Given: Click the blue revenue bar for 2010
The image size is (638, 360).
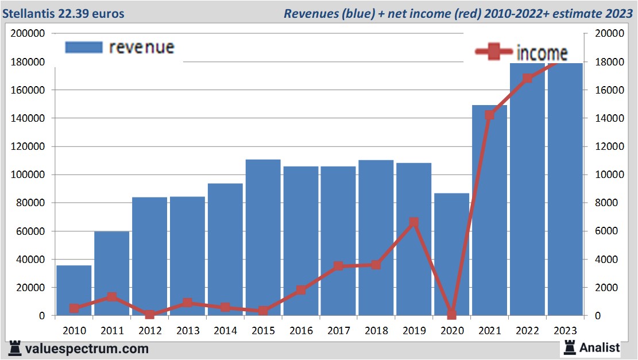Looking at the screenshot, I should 74,290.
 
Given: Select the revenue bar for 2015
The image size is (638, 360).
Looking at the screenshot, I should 262,237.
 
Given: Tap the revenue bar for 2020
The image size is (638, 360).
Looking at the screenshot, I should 451,254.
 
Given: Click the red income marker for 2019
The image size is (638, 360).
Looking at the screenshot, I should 413,222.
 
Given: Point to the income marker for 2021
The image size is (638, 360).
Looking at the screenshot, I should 489,115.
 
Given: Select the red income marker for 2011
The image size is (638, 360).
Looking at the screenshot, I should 111,297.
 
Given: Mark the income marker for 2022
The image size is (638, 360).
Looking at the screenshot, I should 527,78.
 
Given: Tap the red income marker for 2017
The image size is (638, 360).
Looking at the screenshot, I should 338,266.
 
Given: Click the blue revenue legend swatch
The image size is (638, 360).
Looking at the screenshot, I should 83,47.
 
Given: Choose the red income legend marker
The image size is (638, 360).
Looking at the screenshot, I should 493,52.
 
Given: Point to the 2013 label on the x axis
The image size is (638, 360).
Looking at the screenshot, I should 187,331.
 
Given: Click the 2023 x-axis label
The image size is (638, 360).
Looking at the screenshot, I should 564,331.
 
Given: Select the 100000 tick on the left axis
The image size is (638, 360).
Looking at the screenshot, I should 29,175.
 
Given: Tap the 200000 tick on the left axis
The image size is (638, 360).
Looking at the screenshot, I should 29,33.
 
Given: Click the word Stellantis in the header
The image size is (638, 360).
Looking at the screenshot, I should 29,13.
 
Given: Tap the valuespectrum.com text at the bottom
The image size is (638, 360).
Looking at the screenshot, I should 87,349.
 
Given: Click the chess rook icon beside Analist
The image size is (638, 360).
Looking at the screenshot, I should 570,347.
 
